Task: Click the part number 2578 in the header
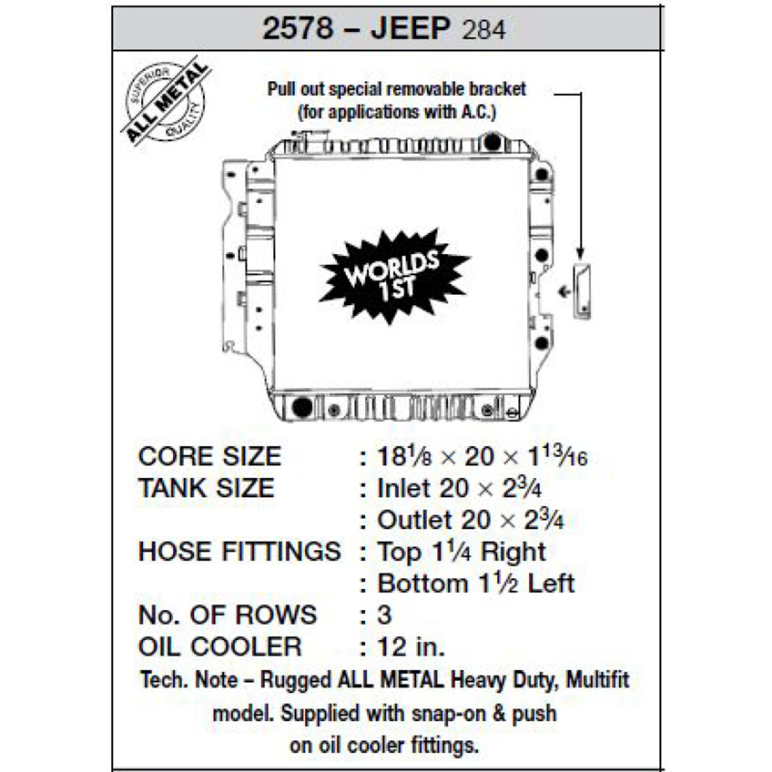tap(298, 28)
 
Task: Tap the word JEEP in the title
tap(411, 28)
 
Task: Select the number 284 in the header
tap(483, 30)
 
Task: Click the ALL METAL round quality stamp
tap(165, 101)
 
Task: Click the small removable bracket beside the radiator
tap(582, 291)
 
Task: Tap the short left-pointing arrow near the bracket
tap(564, 292)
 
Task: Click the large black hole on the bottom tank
tap(302, 407)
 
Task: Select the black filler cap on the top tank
tap(492, 143)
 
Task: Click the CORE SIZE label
tap(209, 457)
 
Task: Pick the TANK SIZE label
tap(206, 488)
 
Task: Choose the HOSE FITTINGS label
tap(239, 551)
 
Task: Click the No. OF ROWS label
tap(227, 615)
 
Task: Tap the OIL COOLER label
tap(220, 647)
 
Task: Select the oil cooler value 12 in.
tap(411, 647)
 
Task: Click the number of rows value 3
tap(384, 615)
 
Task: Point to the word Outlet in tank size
tap(414, 520)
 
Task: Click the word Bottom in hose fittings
tap(423, 583)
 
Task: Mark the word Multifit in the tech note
tap(597, 680)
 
